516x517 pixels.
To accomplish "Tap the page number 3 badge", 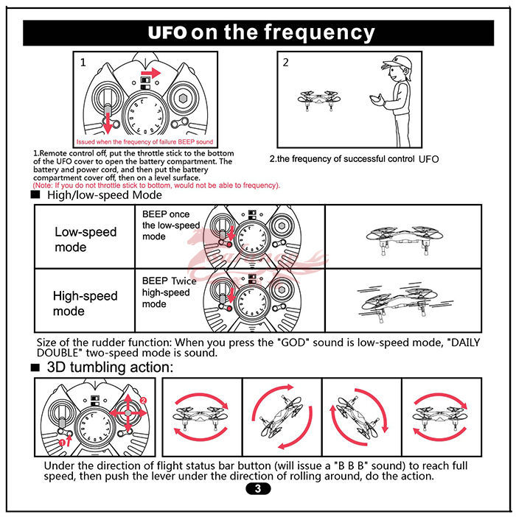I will (257, 489).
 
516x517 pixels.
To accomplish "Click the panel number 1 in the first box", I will (83, 63).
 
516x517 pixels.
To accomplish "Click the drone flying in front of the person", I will (318, 98).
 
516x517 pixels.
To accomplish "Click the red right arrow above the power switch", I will (151, 72).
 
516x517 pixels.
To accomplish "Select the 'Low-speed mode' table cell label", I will (86, 239).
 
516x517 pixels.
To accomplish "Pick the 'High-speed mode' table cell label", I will (85, 303).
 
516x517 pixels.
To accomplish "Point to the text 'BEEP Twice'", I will (169, 281).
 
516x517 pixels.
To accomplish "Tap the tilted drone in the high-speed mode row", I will (398, 298).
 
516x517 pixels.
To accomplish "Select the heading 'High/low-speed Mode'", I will (104, 195).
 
